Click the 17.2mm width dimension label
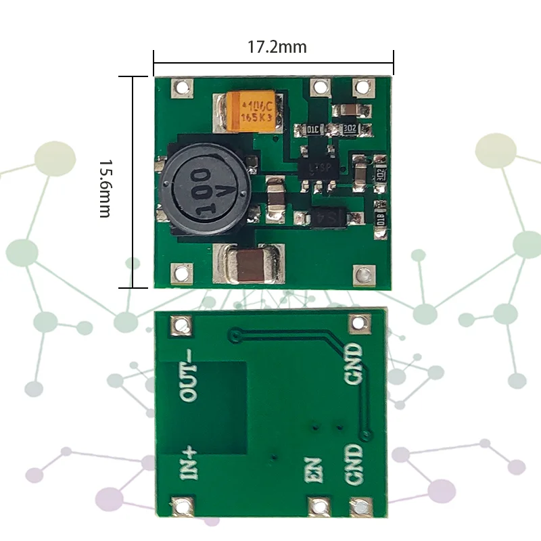(277, 47)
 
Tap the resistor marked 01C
(313, 128)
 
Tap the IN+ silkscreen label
(189, 463)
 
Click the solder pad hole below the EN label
(316, 506)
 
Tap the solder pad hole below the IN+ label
(182, 506)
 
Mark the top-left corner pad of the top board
(182, 87)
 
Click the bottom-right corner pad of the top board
(364, 275)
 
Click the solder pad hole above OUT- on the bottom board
(180, 327)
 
